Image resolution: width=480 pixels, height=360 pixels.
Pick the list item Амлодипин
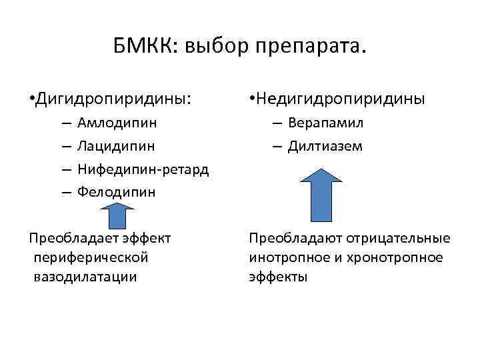(x=117, y=123)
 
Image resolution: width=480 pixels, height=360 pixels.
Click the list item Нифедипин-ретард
(x=143, y=169)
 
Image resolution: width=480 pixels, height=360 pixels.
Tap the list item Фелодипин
(x=116, y=192)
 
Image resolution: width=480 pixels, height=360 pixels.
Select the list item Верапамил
(x=326, y=123)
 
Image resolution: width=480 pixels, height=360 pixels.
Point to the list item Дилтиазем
(x=325, y=146)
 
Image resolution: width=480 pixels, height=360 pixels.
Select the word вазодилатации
(x=85, y=277)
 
